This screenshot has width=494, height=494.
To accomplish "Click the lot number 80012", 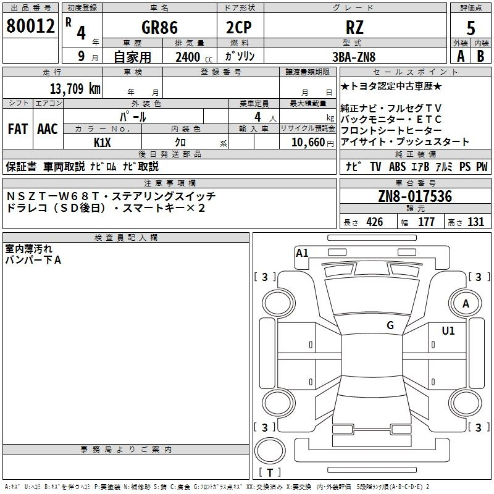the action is click(30, 26).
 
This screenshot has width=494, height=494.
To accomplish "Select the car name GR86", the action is click(159, 27).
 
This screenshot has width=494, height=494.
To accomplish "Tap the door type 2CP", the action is click(239, 27).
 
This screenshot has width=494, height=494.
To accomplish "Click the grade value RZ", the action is click(354, 27).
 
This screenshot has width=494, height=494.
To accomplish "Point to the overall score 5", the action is click(471, 28).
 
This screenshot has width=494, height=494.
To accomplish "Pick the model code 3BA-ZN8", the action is click(354, 57).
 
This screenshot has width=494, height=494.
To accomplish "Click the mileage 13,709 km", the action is click(75, 89).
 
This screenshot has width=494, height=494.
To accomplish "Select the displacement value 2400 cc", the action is click(194, 57).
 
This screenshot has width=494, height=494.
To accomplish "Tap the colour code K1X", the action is click(103, 143).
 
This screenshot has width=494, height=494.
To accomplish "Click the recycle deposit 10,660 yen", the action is click(312, 143).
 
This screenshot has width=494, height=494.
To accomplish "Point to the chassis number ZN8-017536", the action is click(415, 196).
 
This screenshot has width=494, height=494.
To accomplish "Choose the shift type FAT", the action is click(18, 129).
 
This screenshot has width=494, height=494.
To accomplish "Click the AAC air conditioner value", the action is click(48, 129).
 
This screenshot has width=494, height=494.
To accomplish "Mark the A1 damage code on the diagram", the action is click(302, 253).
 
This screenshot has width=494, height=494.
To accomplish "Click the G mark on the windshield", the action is click(390, 325).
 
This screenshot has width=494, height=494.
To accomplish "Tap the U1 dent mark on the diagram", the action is click(448, 331).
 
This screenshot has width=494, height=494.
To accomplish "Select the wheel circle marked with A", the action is click(466, 303).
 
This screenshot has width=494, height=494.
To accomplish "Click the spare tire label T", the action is click(270, 473).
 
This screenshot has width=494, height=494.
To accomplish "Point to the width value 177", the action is click(426, 222).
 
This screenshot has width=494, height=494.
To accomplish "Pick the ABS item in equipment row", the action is click(397, 167).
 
